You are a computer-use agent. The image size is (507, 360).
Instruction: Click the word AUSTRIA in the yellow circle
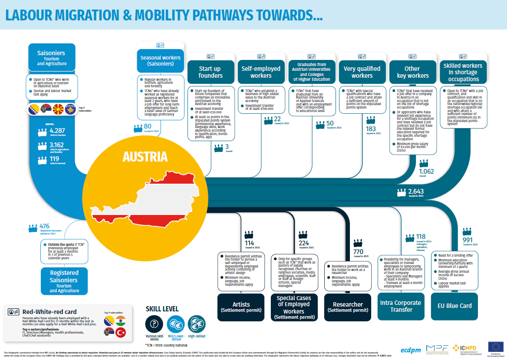pyautogui.click(x=145, y=157)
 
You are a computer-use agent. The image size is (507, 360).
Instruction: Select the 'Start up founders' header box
pyautogui.click(x=211, y=72)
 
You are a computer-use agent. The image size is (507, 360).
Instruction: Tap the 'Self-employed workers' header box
pyautogui.click(x=261, y=72)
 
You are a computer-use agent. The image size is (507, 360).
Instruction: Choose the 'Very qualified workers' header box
pyautogui.click(x=362, y=72)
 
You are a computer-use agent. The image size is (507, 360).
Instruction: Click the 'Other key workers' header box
pyautogui.click(x=412, y=72)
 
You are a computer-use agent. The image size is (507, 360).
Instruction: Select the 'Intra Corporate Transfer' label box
pyautogui.click(x=400, y=306)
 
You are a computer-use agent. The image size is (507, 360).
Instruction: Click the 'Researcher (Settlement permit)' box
pyautogui.click(x=347, y=307)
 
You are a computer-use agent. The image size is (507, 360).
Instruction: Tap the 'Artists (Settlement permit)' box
pyautogui.click(x=241, y=307)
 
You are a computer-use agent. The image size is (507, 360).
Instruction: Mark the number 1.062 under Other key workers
pyautogui.click(x=426, y=172)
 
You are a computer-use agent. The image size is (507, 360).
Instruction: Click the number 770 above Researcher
pyautogui.click(x=358, y=252)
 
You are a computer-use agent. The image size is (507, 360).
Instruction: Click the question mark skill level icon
pyautogui.click(x=153, y=324)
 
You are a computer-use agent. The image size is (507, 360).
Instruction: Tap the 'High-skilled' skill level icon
pyautogui.click(x=198, y=324)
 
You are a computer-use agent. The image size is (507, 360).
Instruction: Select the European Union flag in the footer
pyautogui.click(x=495, y=346)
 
